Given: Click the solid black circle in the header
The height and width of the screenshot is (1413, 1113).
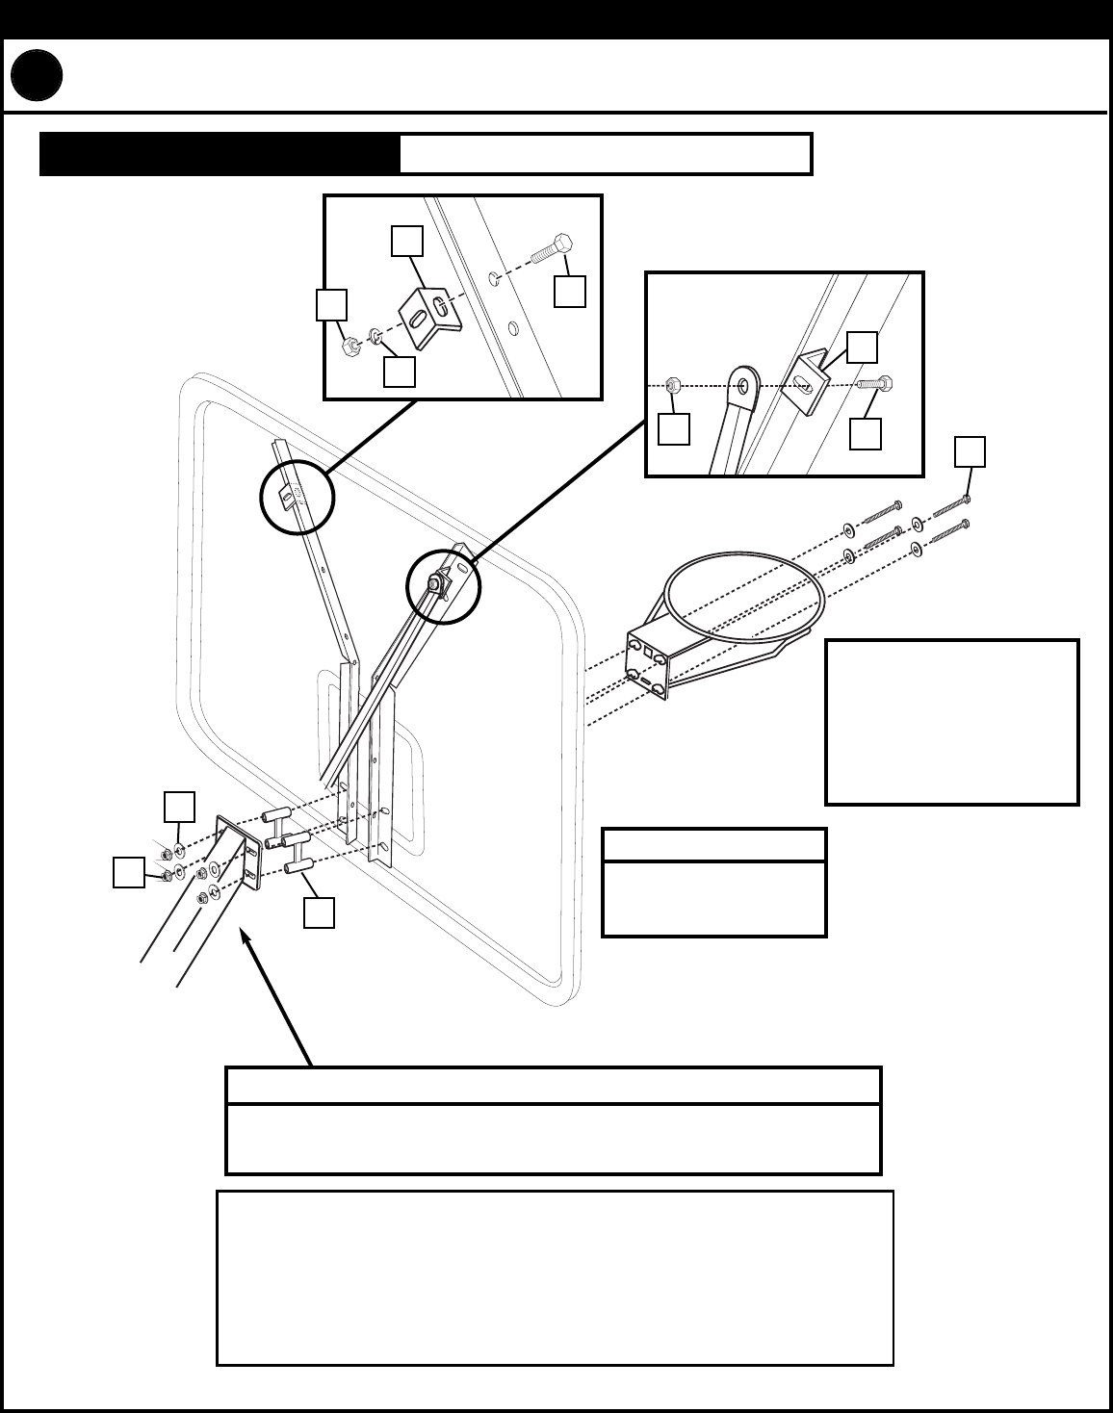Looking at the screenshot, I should coord(38,77).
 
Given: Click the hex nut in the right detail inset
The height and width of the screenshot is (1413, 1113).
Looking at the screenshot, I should coord(674,385).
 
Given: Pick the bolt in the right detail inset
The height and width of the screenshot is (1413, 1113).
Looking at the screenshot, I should coord(876,383).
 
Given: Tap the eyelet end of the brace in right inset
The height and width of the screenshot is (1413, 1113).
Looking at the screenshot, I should coord(744,385).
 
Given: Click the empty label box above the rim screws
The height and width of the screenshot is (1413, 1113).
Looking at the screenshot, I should coord(970,451).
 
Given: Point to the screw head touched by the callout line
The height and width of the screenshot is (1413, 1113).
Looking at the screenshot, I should coord(966,499).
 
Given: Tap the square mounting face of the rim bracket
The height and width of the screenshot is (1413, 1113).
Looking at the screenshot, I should coord(647,665).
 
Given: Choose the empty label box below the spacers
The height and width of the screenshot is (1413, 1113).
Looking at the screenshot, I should coord(319,912).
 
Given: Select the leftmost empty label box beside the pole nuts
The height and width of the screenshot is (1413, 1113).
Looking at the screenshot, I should coord(128,872).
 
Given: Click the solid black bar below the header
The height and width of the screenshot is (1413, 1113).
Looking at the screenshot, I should coord(220,154).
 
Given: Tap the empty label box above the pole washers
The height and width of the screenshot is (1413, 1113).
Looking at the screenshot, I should coord(179,807).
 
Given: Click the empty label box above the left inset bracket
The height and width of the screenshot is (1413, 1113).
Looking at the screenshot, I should coord(406,241).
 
